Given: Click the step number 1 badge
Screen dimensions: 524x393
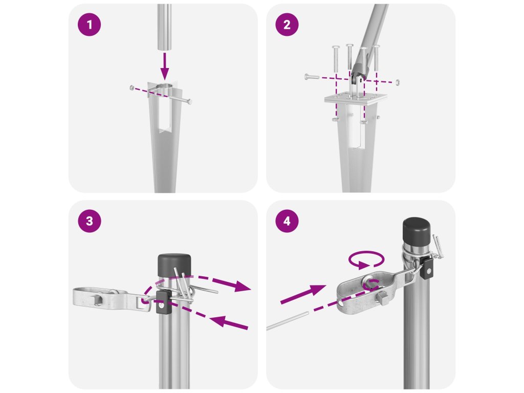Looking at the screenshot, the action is coord(89,25).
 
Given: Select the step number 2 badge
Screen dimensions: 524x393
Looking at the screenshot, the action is coord(287,25).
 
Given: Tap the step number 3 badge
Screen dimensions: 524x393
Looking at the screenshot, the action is coord(89,221).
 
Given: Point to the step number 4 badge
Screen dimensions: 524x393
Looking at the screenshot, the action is coord(287,221).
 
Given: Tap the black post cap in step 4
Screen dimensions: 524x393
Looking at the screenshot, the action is coord(417,231).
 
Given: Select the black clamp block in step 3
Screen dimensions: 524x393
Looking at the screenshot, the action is coord(163,302).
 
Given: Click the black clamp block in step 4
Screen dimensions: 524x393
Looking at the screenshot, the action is coord(427,268).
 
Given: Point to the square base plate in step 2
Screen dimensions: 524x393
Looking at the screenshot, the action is coord(356,98).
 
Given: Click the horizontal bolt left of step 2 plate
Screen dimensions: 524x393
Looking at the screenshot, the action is coord(312,77).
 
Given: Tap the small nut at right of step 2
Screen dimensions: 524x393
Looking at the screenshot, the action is coord(397,82).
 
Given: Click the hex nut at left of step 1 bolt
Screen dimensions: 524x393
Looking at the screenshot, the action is coord(132,88).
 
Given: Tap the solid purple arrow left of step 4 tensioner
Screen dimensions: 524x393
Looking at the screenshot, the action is coord(303,295).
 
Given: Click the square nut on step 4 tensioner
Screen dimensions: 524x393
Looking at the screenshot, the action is coord(383,297).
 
